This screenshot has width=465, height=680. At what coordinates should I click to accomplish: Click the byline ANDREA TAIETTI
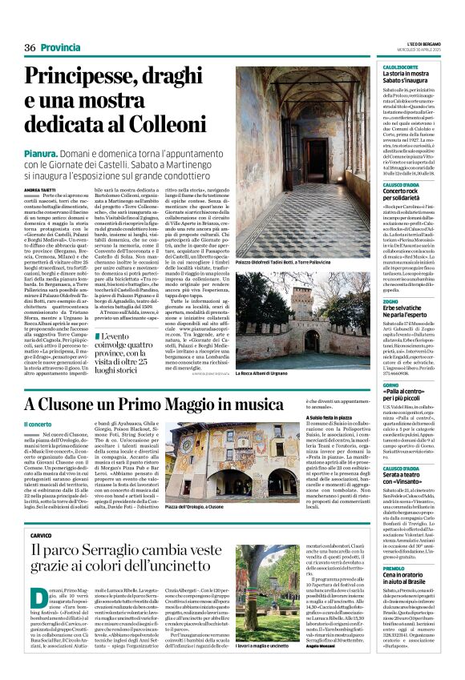click(39, 189)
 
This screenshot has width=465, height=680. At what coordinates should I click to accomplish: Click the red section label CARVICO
click(41, 534)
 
